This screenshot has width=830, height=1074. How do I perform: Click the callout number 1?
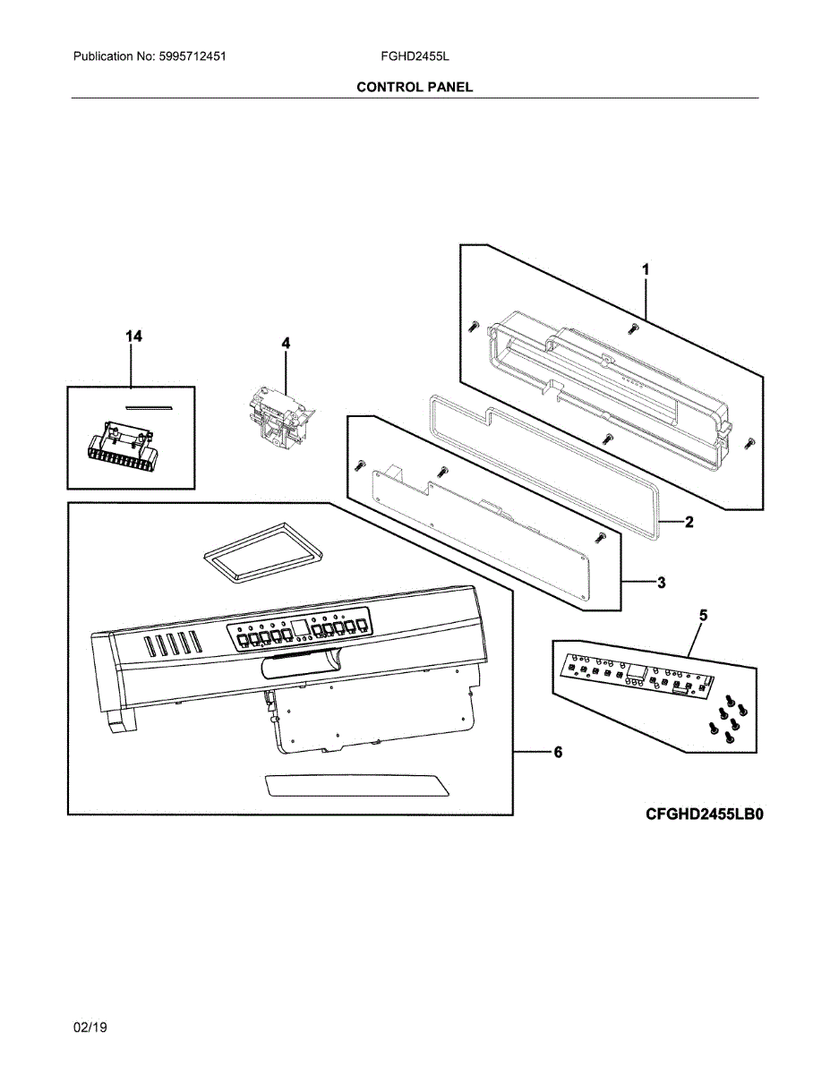646,268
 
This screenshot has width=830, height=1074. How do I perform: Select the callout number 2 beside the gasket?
689,523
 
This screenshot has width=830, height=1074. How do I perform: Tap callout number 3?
661,584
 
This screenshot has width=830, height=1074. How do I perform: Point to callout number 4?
286,343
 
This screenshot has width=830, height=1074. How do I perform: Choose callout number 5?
703,615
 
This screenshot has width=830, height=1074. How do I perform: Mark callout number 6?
557,753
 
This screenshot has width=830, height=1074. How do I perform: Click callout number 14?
133,336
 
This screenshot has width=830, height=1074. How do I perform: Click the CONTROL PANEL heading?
415,87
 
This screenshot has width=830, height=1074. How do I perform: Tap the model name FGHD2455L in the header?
415,56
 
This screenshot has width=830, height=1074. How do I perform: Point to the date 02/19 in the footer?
90,1027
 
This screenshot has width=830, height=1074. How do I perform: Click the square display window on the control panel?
301,627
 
